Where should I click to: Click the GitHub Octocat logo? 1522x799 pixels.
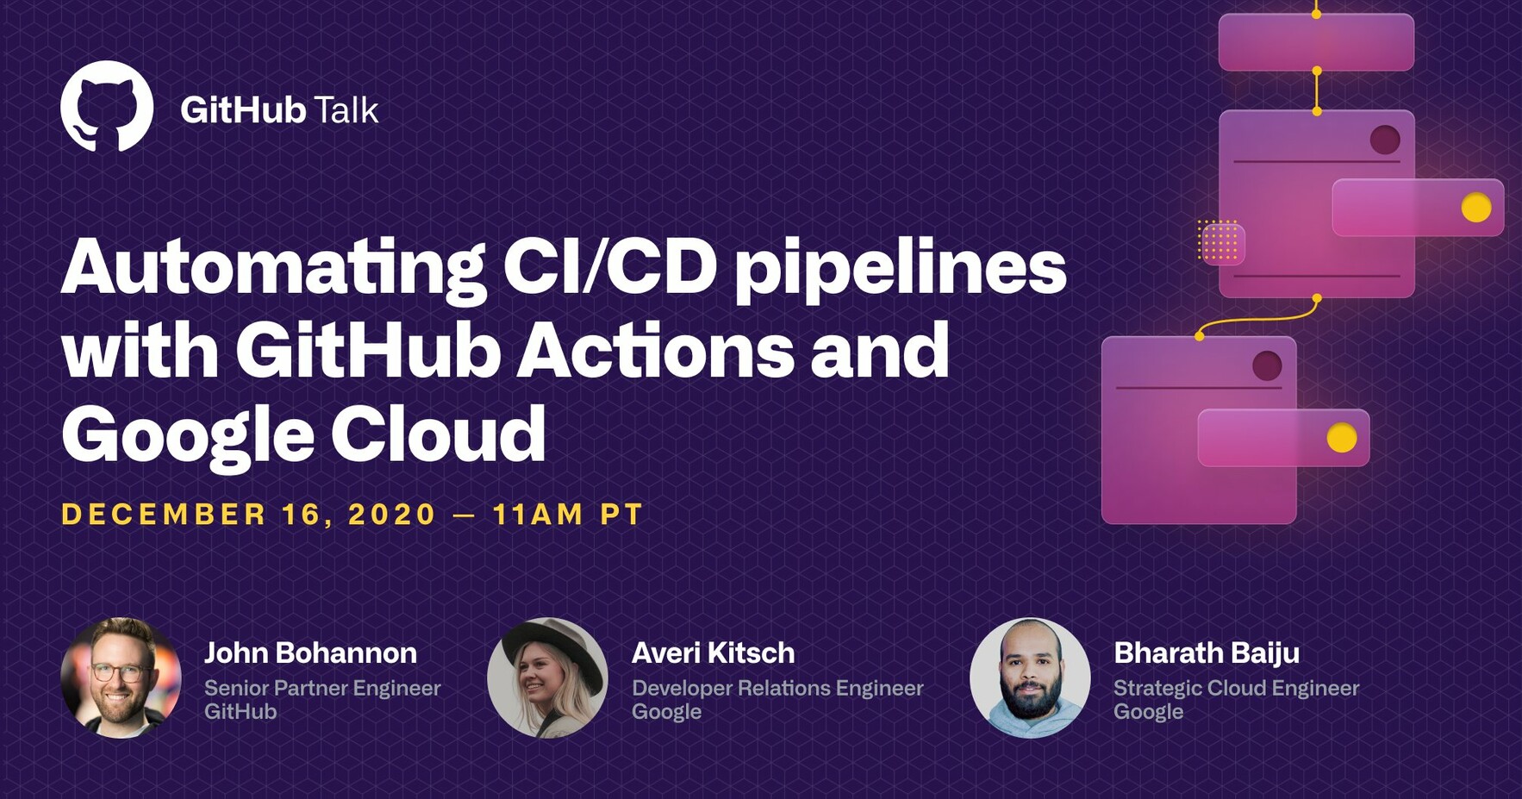[x=107, y=106]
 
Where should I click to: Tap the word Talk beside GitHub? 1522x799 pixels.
[x=346, y=110]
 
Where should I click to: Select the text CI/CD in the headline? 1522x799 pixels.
[x=609, y=266]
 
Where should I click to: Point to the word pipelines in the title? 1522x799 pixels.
[x=901, y=269]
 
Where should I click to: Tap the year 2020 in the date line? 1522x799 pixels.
[x=392, y=515]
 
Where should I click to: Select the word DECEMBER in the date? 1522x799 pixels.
[x=164, y=515]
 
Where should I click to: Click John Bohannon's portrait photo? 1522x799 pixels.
[x=121, y=677]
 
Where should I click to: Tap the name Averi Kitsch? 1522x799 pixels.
[x=713, y=653]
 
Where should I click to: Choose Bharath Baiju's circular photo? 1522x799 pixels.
[x=1030, y=677]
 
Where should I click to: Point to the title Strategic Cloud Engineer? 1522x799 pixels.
[x=1236, y=688]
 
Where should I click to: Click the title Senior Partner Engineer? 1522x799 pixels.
[x=322, y=688]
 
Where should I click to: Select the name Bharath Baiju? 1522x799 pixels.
[x=1207, y=653]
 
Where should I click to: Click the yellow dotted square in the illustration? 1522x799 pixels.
[x=1219, y=240]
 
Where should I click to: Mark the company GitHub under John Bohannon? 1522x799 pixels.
[x=240, y=712]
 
